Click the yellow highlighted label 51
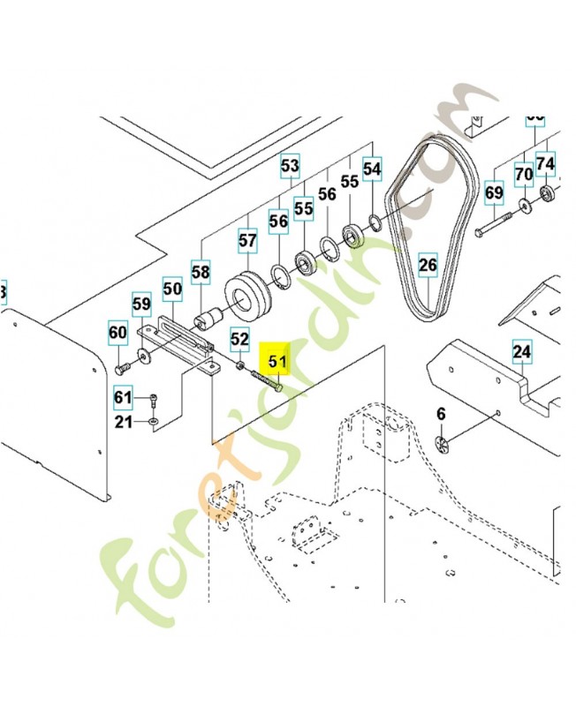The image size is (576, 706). tap(278, 360)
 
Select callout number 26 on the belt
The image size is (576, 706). tap(428, 264)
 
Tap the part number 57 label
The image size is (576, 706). tap(247, 239)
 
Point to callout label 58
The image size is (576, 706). tap(201, 273)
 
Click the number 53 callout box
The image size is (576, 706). tap(291, 165)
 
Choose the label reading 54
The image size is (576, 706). tap(372, 168)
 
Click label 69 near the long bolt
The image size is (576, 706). tap(494, 192)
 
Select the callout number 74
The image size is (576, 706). tap(546, 163)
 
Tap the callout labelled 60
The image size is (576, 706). tap(117, 333)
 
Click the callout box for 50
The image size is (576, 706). tap(172, 288)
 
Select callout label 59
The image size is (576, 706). tap(141, 305)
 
